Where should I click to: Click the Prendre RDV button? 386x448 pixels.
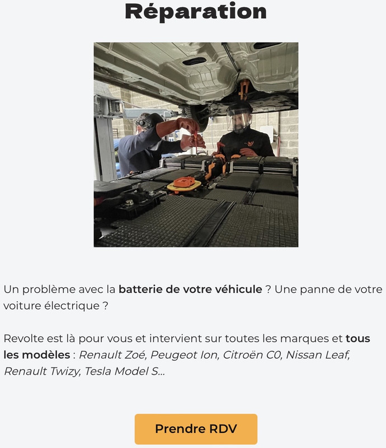196,429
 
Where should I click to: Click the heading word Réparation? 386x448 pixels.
196,12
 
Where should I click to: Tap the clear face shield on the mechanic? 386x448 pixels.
239,120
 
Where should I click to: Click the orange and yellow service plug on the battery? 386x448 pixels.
184,184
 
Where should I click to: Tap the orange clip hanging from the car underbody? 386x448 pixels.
243,88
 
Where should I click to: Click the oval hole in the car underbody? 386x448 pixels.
194,61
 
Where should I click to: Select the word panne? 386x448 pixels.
316,290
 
